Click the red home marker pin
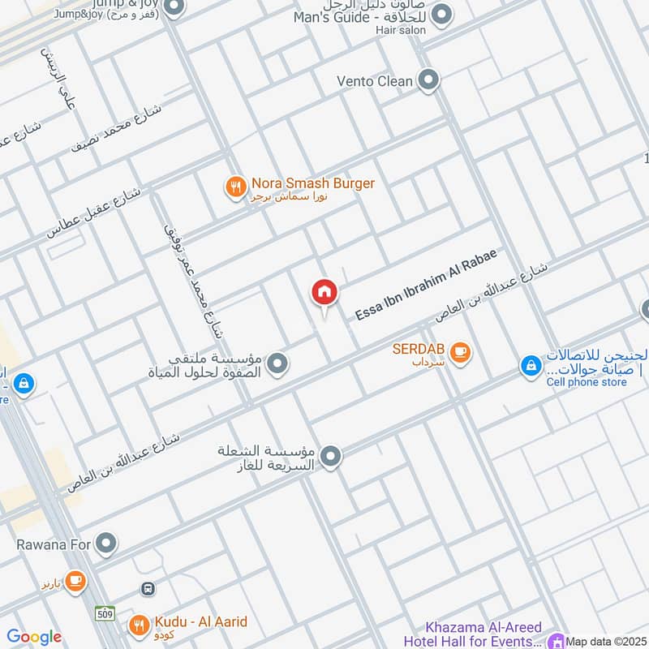tap(324, 294)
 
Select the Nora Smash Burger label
tap(312, 183)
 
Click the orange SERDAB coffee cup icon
tap(460, 351)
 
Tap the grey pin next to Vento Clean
tap(429, 80)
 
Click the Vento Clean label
tap(375, 81)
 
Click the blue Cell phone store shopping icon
tap(530, 367)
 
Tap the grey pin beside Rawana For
tap(105, 544)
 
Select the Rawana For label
tap(54, 544)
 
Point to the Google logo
tap(34, 637)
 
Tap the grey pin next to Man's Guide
tap(442, 14)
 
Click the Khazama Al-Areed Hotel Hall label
tap(485, 635)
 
